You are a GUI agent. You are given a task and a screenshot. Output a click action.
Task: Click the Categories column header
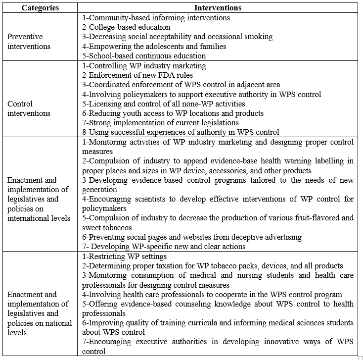(x=40, y=8)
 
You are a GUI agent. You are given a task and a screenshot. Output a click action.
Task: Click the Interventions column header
(x=218, y=8)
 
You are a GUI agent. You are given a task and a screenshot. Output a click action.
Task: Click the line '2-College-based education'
(x=126, y=27)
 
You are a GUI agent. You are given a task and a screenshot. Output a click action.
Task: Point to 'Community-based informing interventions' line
(x=156, y=18)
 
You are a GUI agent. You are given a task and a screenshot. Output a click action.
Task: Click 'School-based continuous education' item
(x=144, y=56)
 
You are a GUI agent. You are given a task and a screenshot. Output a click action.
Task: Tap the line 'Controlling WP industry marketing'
(x=144, y=65)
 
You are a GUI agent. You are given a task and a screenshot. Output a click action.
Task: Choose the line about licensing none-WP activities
(x=163, y=103)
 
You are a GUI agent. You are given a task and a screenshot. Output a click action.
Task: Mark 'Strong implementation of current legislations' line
(x=160, y=122)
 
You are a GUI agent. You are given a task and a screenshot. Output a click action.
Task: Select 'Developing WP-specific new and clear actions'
(x=164, y=247)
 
